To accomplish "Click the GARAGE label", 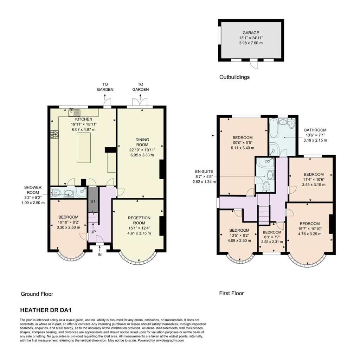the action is [x=251, y=33].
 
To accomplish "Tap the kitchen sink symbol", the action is [x=75, y=112].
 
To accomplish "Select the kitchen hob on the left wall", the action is [x=54, y=135].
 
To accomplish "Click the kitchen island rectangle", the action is [x=84, y=148].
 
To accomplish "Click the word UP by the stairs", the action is [x=93, y=232].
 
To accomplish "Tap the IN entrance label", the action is [x=99, y=255].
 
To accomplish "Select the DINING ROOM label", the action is [x=142, y=142].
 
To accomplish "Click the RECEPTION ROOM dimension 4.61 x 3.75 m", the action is [x=139, y=233].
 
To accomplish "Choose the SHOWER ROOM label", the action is [x=33, y=190].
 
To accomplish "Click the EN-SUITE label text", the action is [x=204, y=172].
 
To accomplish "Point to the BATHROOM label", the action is [x=315, y=130].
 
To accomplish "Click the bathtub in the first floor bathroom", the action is [x=274, y=128].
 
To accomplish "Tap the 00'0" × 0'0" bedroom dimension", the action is [x=243, y=143].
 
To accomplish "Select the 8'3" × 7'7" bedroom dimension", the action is [x=272, y=237].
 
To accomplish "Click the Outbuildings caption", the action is [x=234, y=77].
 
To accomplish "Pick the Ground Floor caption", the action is [x=37, y=294].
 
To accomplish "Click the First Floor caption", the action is [x=231, y=293].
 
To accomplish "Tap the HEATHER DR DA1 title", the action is [x=46, y=310].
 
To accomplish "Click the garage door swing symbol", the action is [x=254, y=64].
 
